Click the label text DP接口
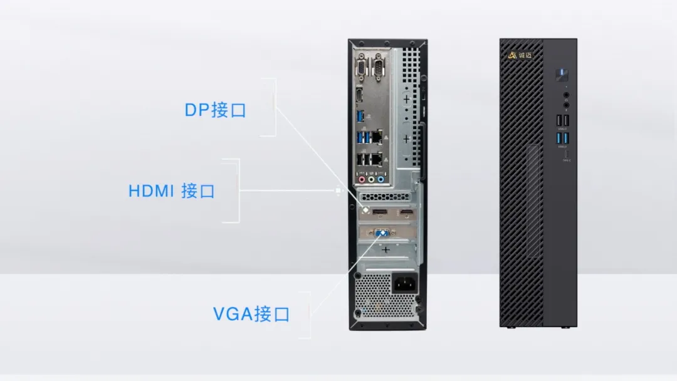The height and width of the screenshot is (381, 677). [215, 110]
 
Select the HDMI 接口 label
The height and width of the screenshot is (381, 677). [171, 190]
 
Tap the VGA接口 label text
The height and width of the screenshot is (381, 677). [251, 313]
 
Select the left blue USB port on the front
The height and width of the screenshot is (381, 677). [559, 138]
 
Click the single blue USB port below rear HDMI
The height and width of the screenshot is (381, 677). [360, 116]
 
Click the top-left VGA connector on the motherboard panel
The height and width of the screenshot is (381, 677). [362, 66]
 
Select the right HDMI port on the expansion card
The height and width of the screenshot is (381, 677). [406, 215]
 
